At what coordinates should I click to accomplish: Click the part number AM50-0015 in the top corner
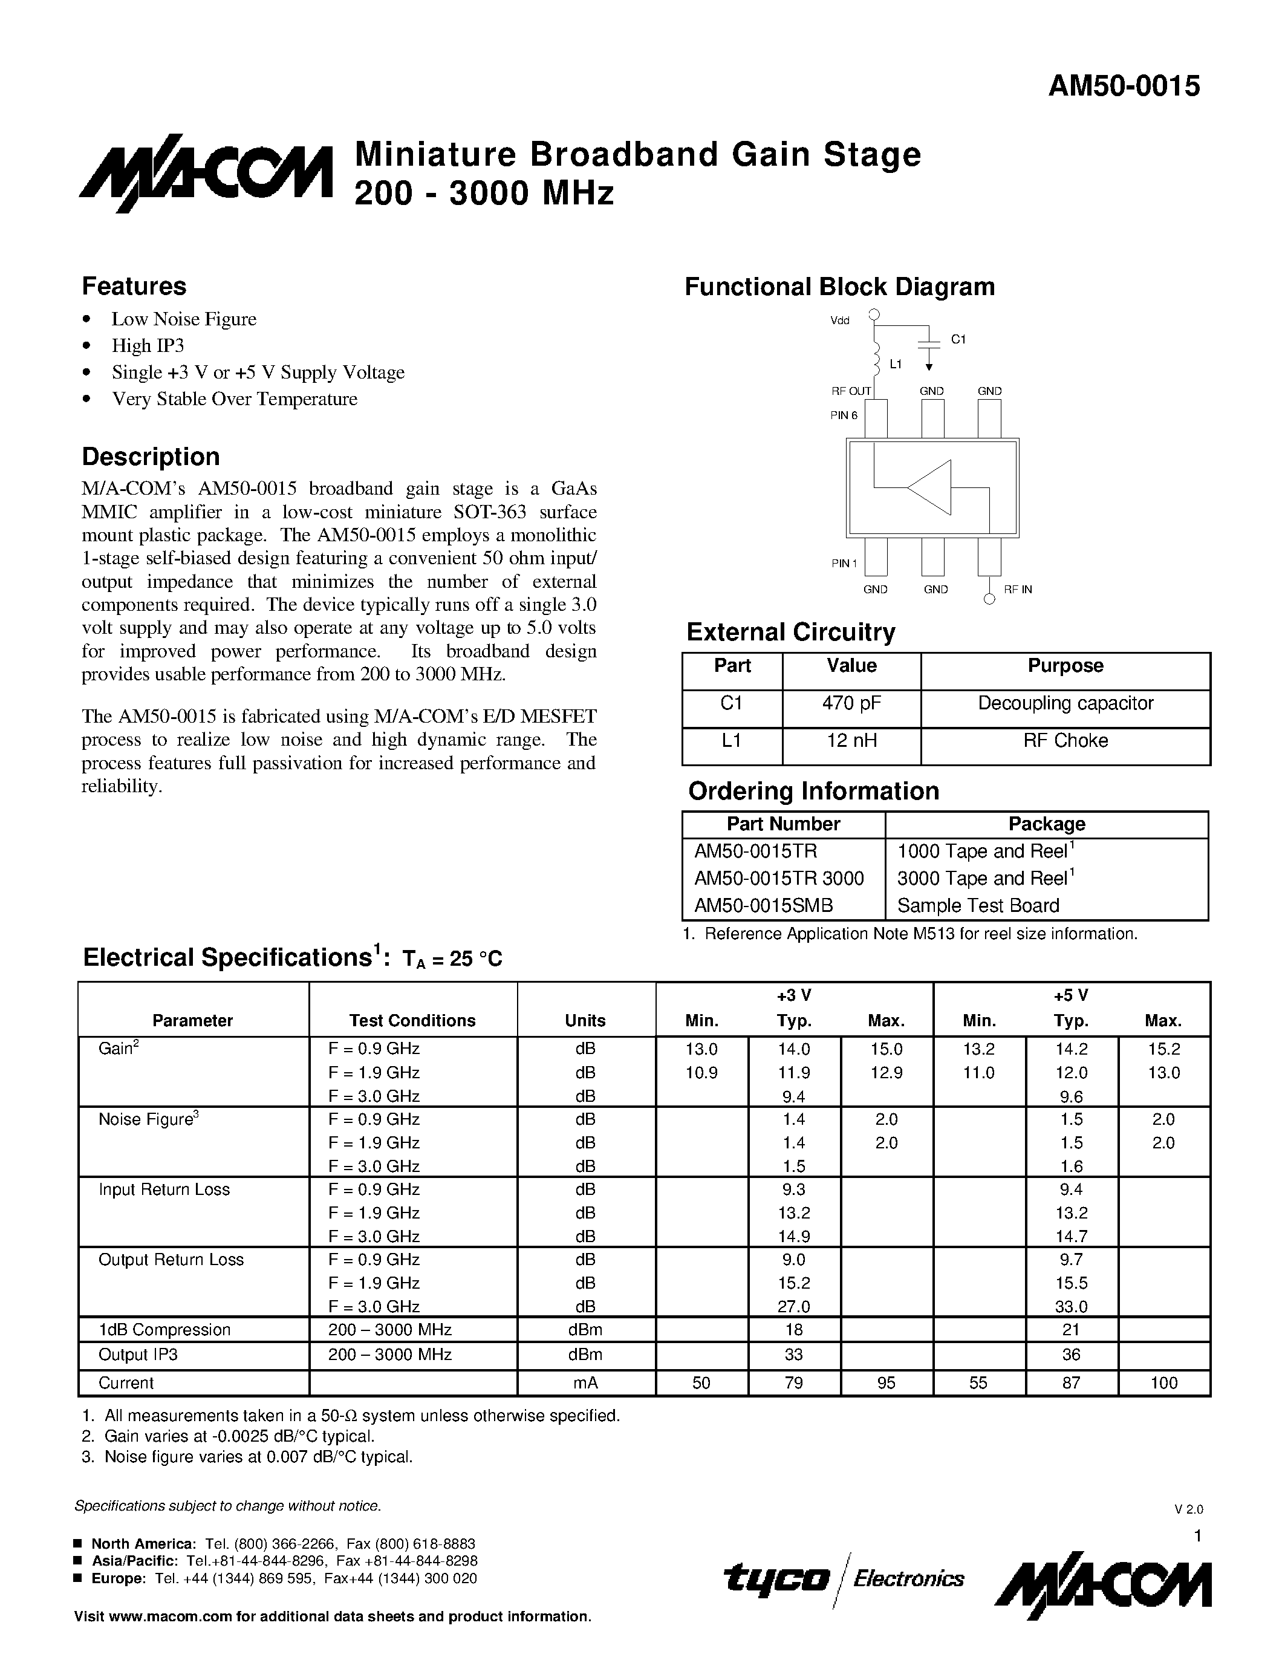point(1124,86)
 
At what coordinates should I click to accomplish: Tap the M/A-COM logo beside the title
point(206,174)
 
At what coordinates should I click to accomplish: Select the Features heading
point(134,286)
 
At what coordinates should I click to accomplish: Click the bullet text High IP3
point(148,346)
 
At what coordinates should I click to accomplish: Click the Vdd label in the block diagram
point(840,321)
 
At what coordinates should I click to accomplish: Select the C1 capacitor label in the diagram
point(958,340)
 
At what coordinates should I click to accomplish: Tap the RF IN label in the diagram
point(1018,590)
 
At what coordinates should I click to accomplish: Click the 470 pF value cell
point(851,703)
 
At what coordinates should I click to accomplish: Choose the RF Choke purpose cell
point(1065,741)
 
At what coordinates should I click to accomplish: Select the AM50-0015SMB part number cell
point(764,905)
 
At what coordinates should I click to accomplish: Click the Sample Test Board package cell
point(978,905)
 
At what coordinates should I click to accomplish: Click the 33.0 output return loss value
point(1071,1307)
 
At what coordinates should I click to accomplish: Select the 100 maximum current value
point(1164,1383)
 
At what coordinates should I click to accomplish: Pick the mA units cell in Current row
point(585,1383)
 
